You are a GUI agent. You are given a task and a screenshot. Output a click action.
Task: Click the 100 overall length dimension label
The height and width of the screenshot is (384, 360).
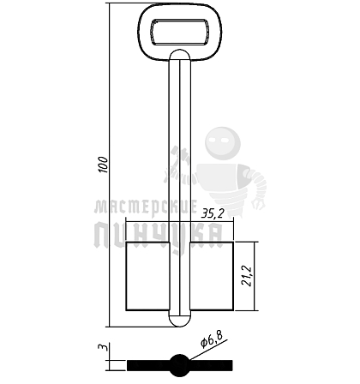(x=104, y=165)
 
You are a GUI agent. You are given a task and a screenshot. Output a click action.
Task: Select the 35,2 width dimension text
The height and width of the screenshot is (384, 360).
(x=213, y=213)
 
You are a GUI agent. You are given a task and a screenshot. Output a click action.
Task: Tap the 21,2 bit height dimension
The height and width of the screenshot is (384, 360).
(x=246, y=276)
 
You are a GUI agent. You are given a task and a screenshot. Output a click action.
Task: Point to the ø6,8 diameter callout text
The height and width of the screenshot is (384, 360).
(x=212, y=339)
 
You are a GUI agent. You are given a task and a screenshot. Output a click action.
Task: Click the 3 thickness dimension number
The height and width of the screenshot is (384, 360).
(x=103, y=348)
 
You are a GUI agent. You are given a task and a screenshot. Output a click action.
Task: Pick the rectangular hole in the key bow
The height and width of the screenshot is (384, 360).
(x=180, y=32)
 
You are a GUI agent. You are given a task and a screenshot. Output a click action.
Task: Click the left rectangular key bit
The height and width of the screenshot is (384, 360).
(x=147, y=276)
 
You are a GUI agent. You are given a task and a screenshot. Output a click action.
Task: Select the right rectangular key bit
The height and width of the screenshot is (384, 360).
(x=212, y=276)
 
